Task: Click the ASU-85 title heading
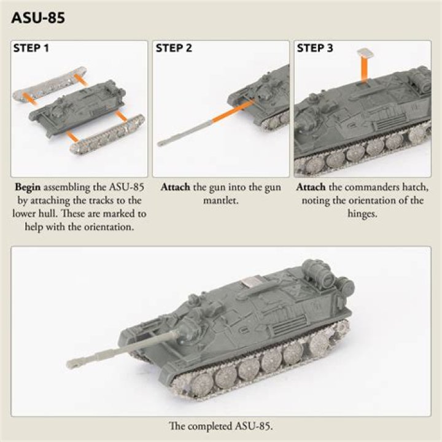(38, 17)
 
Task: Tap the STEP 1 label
(31, 48)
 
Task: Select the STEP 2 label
(174, 48)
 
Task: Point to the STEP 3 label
(315, 48)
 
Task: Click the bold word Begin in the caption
(28, 187)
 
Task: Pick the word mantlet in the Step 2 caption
(221, 200)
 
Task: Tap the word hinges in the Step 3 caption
(362, 214)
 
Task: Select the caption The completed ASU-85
(221, 426)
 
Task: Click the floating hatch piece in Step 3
(365, 53)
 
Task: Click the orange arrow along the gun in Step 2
(231, 112)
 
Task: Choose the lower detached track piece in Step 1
(107, 135)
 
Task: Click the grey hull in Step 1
(77, 107)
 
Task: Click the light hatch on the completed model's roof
(250, 282)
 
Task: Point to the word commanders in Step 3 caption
(363, 187)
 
